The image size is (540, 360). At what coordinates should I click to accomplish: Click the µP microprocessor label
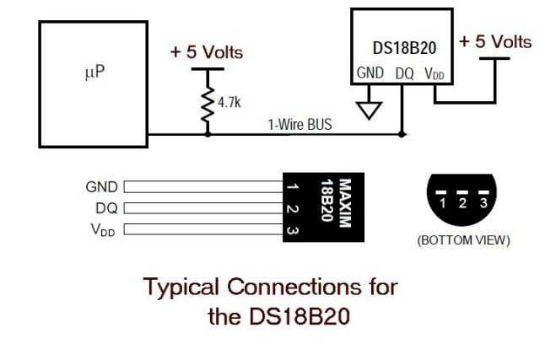pos(94,72)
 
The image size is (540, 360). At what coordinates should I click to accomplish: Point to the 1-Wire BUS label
pos(300,125)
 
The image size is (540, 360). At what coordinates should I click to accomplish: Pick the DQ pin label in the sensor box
pos(404,73)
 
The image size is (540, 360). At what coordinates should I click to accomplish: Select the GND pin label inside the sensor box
pos(370,73)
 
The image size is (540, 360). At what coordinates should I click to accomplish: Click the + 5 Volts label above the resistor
pos(207,52)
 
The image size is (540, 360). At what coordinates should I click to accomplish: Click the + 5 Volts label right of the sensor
pos(494,40)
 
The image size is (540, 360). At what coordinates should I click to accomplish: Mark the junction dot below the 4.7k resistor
pos(208,133)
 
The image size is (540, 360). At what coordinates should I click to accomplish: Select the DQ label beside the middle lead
pos(107,208)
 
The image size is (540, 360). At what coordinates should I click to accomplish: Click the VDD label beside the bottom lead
pos(104,230)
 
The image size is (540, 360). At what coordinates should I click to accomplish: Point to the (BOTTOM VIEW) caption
pos(463,240)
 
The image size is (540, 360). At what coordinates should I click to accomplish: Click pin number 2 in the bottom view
pos(462,203)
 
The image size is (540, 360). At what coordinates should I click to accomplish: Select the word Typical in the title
pos(181,287)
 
